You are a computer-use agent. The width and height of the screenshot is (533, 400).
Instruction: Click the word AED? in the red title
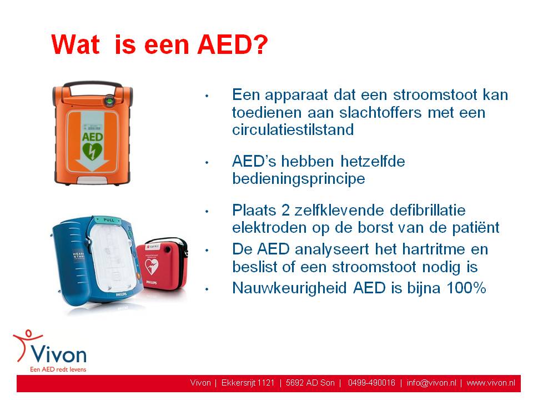click(233, 44)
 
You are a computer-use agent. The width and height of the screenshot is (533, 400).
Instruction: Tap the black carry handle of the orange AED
click(93, 84)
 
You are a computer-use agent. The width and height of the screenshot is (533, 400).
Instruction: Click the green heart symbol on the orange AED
click(92, 152)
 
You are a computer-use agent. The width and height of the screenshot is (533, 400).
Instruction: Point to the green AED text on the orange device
click(92, 137)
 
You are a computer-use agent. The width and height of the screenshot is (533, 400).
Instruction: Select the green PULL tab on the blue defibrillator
click(108, 220)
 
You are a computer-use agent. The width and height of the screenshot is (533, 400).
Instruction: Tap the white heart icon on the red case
click(152, 266)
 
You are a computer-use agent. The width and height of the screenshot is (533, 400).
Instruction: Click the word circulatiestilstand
click(293, 129)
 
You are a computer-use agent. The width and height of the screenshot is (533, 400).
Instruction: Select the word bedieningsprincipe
click(299, 178)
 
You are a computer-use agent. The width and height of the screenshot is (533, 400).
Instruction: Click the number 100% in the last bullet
click(466, 288)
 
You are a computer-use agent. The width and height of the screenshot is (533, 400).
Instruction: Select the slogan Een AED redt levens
click(58, 369)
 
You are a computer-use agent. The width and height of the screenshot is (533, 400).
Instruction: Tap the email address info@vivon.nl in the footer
click(431, 383)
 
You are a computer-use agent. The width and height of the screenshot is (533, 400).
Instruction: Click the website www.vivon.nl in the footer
click(491, 383)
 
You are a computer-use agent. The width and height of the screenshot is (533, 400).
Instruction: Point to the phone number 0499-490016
click(371, 383)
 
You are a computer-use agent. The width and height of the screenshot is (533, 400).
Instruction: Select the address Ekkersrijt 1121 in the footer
click(248, 383)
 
